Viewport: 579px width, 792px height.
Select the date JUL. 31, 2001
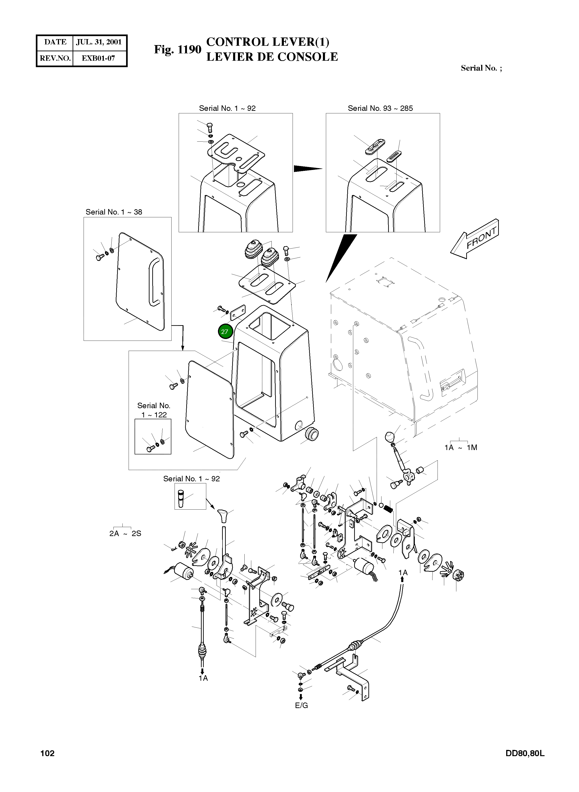pyautogui.click(x=99, y=42)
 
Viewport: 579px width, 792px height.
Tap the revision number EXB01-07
pyautogui.click(x=99, y=58)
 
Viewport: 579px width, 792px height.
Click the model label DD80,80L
pyautogui.click(x=525, y=753)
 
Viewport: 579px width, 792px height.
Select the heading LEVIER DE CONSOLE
pyautogui.click(x=272, y=57)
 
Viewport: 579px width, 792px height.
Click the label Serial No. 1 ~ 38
pyautogui.click(x=114, y=212)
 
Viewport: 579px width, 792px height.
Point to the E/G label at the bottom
pyautogui.click(x=301, y=706)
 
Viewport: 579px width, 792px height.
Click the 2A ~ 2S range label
pyautogui.click(x=125, y=534)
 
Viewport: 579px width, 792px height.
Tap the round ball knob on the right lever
pyautogui.click(x=390, y=438)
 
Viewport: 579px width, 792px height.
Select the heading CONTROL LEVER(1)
pyautogui.click(x=268, y=42)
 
